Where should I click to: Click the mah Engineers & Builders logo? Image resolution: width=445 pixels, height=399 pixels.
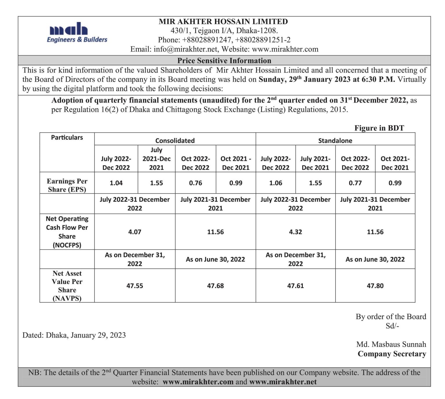click(x=77, y=33)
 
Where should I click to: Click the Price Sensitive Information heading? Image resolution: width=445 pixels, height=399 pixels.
click(x=224, y=61)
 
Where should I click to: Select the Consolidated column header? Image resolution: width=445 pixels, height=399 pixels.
click(x=175, y=141)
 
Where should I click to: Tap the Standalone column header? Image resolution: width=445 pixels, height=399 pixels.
click(x=335, y=141)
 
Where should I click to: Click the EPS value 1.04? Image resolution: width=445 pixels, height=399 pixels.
click(x=116, y=183)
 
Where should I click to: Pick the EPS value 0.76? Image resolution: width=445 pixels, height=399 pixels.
click(x=196, y=183)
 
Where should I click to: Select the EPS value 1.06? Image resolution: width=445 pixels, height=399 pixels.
click(x=276, y=183)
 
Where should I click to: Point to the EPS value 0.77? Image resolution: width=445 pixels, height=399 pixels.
click(x=355, y=183)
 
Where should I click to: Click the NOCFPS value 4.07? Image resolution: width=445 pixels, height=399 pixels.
click(x=135, y=232)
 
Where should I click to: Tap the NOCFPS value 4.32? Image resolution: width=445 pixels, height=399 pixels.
click(x=296, y=232)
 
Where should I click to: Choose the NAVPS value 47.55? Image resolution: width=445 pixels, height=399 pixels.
click(x=135, y=286)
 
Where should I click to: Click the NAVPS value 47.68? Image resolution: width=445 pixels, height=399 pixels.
click(x=215, y=286)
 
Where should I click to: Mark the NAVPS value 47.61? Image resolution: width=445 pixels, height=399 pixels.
click(x=296, y=286)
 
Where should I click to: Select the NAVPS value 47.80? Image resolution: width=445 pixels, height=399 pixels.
click(x=375, y=286)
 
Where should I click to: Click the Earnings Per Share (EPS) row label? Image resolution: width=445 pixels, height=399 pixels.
click(x=67, y=185)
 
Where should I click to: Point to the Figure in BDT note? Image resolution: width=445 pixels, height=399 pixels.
click(x=379, y=128)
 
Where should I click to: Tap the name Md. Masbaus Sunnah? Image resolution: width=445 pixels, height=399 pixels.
click(x=391, y=344)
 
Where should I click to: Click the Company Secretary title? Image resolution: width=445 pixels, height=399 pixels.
click(x=392, y=354)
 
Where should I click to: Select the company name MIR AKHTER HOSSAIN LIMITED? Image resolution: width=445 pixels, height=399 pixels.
click(x=223, y=21)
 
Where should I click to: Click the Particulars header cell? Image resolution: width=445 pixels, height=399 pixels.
click(x=67, y=137)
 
